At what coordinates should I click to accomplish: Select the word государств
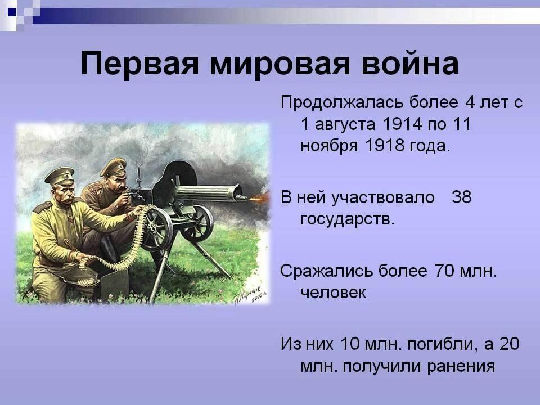(x=348, y=219)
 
